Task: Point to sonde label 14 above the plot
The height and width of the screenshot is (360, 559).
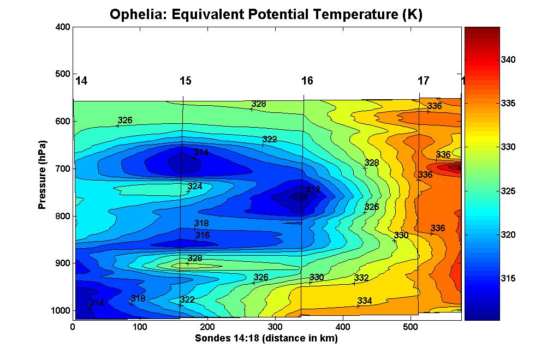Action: [81, 81]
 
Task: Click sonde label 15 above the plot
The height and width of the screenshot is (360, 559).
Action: [186, 81]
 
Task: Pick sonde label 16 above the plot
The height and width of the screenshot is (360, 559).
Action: [307, 81]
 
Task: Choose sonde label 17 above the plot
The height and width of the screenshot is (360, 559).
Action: [424, 81]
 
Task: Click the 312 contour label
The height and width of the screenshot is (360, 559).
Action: [312, 190]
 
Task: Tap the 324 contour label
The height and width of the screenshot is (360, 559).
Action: [195, 187]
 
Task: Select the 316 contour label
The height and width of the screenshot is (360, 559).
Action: [203, 235]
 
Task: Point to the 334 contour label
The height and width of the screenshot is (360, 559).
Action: [365, 301]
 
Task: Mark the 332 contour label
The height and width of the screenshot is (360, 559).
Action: [361, 278]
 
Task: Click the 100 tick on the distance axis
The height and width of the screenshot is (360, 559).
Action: [140, 327]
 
